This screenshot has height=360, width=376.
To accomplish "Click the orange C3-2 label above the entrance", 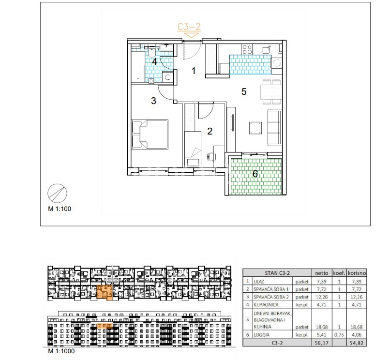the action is coord(189,27).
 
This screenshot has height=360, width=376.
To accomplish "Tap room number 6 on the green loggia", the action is coord(255,174).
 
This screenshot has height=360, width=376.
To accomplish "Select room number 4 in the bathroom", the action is coord(154,61).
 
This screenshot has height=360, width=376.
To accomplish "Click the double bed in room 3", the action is coord(150,135).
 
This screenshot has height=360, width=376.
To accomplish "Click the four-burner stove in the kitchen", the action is coord(247,50).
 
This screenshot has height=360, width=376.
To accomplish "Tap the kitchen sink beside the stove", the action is coord(266,50).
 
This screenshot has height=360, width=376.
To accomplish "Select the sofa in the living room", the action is coord(274,127).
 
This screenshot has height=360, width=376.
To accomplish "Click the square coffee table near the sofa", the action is coord(256,128).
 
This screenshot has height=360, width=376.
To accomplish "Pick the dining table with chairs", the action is coord(271,92).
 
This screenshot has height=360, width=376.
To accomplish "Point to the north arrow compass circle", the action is coord(57,194).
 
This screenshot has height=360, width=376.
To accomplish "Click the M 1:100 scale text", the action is coord(60,209).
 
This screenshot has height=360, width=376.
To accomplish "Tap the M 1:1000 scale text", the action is coord(61,351).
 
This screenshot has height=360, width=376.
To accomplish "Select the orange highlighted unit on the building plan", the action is coord(105,293).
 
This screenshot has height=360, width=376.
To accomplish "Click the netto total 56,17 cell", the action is coord(322,343).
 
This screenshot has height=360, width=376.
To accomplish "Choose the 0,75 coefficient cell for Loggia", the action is coord(339,335).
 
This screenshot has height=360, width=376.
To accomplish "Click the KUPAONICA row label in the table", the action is coord(266,305).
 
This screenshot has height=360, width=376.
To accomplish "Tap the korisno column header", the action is coord(357,273).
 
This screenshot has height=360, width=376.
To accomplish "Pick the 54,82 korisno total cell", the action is coord(357,343).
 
